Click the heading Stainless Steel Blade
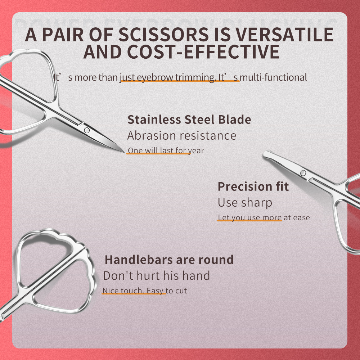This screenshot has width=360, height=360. tap(189, 120)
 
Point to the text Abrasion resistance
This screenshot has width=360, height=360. tap(182, 136)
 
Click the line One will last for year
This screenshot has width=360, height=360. tap(166, 150)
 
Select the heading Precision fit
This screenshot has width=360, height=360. tap(253, 186)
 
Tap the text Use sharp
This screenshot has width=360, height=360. tap(245, 203)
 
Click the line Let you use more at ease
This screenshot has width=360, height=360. tap(264, 217)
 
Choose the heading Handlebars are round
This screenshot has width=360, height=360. tap(169, 260)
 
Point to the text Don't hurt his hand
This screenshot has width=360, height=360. tap(156, 276)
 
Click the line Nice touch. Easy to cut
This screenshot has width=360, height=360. tap(145, 291)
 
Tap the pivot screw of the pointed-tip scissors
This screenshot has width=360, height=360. tap(87, 130)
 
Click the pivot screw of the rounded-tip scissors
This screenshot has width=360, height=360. tap(303, 173)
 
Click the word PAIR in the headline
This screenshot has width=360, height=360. tap(69, 35)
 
